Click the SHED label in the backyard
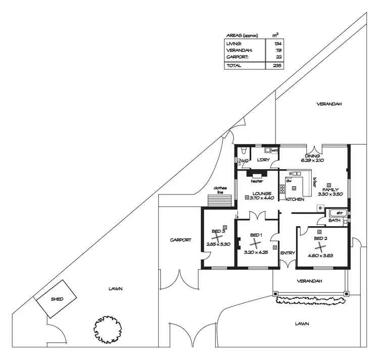(x=57, y=299)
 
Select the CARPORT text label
(x=180, y=240)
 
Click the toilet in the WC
(x=244, y=150)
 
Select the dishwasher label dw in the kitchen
(x=290, y=180)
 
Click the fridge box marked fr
(x=319, y=208)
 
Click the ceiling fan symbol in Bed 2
(x=319, y=246)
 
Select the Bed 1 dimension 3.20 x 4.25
(x=256, y=252)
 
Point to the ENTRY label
(x=288, y=253)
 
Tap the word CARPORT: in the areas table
(x=238, y=57)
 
